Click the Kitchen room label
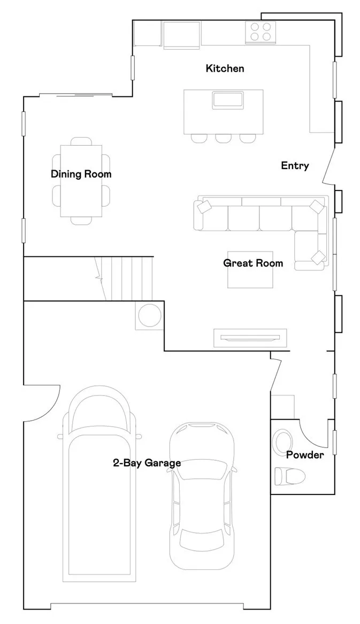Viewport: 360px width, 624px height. (x=225, y=69)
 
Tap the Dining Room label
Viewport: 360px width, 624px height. (x=81, y=174)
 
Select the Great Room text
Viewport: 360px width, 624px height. (x=253, y=263)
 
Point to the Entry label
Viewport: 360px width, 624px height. (x=295, y=166)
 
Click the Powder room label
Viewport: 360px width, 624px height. (x=304, y=455)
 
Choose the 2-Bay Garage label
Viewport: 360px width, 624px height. (x=147, y=463)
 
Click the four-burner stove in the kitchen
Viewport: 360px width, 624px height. (x=261, y=32)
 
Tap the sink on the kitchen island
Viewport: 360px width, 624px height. (x=228, y=100)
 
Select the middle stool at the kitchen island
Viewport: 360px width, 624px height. (x=223, y=138)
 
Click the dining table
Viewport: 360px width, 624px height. (x=81, y=180)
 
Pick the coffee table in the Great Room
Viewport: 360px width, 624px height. (x=251, y=270)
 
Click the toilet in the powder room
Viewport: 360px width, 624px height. (x=289, y=476)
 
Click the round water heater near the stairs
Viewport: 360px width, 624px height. (x=149, y=315)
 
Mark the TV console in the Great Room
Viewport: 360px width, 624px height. (x=250, y=337)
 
